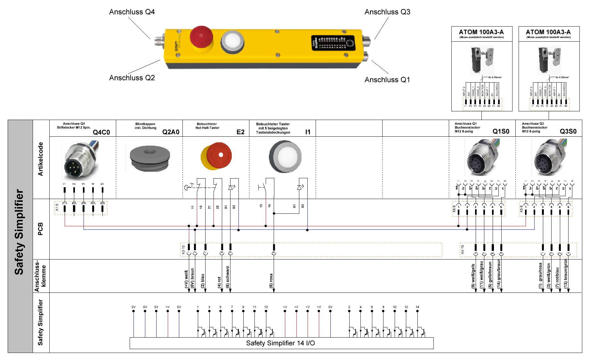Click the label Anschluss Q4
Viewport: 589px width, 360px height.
[x=132, y=12]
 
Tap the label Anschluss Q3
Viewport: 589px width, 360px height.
[x=387, y=12]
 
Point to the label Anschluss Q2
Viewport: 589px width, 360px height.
[x=132, y=78]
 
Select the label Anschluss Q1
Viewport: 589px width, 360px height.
[x=387, y=80]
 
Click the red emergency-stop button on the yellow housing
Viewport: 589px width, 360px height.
[x=201, y=37]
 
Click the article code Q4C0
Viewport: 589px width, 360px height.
[x=101, y=132]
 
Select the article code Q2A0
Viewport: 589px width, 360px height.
[x=171, y=132]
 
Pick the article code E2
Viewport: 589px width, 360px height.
[x=240, y=132]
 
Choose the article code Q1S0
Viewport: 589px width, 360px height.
[x=501, y=132]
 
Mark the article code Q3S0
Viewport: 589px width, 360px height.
[x=568, y=132]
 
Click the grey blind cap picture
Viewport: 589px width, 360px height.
[x=150, y=158]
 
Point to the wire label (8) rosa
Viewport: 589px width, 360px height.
[x=271, y=281]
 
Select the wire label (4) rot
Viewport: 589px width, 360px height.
[x=220, y=282]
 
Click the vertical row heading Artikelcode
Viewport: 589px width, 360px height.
[x=41, y=159]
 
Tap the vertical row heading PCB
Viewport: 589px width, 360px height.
[x=41, y=229]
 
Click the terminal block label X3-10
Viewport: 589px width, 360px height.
[x=183, y=250]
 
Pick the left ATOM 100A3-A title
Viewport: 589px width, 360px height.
[x=481, y=32]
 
